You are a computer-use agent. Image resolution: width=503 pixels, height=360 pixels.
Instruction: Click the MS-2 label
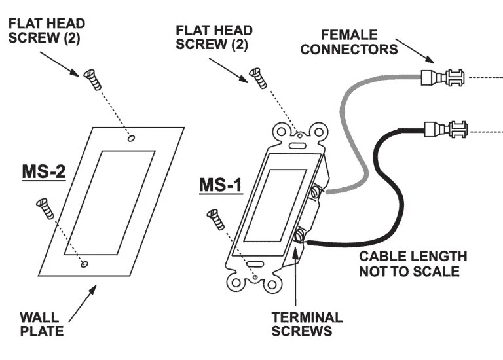44,172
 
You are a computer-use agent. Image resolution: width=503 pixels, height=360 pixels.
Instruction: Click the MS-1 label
221,185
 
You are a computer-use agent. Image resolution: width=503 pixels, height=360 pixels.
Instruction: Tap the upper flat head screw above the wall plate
92,79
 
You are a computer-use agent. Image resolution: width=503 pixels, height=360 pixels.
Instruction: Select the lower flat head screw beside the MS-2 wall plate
45,209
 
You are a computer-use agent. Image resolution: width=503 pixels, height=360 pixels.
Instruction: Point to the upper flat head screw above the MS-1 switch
258,78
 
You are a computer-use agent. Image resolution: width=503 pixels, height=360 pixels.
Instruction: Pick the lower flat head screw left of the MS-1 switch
215,219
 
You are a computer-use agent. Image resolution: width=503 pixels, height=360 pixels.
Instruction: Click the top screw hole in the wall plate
131,138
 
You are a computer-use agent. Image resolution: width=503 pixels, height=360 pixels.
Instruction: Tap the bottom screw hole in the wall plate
84,264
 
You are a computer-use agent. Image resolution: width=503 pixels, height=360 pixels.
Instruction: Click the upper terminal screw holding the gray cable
317,191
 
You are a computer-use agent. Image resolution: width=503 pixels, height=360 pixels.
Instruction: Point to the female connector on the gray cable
442,77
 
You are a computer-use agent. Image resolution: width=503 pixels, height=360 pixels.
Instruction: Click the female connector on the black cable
445,130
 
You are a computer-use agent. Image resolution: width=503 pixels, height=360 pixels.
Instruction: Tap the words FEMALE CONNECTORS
349,42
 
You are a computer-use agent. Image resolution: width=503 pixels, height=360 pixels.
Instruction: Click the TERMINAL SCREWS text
307,324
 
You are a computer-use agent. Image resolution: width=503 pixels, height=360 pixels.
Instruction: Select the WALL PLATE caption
42,324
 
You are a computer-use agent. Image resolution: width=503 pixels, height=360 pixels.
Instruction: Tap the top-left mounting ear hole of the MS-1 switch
282,132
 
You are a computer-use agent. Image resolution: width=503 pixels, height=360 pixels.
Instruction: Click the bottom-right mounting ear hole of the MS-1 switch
272,284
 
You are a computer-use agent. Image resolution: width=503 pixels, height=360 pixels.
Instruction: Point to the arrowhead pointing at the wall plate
92,289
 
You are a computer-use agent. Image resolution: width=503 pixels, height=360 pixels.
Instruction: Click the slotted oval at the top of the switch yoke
297,145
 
